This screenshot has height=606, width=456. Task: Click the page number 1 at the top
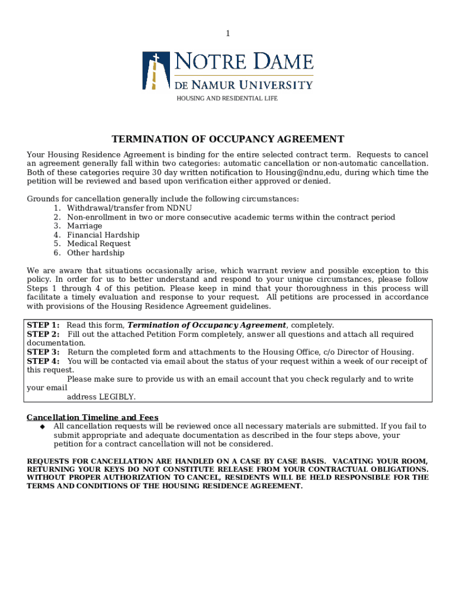tap(227, 34)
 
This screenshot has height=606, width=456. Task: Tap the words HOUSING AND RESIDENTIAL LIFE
tap(227, 98)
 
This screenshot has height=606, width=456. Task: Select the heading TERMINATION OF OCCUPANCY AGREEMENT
tap(228, 140)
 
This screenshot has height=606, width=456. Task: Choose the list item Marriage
tap(84, 226)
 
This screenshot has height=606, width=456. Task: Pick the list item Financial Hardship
tap(103, 235)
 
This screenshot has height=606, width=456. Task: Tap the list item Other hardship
tap(95, 253)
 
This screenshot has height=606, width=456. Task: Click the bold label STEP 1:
tap(43, 325)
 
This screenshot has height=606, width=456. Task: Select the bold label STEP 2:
tap(43, 334)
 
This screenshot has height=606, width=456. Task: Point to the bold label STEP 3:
tap(43, 352)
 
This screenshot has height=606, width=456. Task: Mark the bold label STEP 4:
tap(43, 361)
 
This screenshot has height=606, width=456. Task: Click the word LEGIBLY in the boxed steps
tap(117, 397)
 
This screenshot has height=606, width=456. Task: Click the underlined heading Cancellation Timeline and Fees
tap(92, 417)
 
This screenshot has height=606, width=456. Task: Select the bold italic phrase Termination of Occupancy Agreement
tap(207, 325)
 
